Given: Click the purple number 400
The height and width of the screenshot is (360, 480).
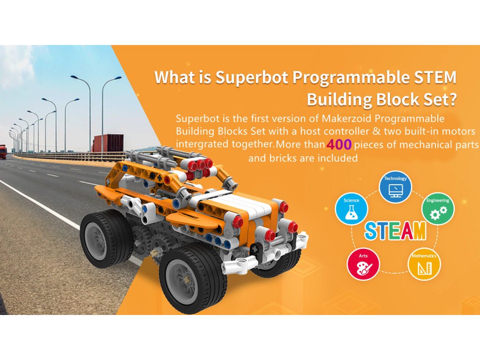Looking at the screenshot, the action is (339, 144).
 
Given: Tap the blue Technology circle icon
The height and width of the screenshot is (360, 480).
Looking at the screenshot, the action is (396, 187).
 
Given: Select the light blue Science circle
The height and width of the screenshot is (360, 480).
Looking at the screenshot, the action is (352, 209).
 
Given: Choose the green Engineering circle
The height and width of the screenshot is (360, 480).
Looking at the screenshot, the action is (438, 209).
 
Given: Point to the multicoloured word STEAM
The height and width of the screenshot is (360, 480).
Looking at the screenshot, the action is (395, 231).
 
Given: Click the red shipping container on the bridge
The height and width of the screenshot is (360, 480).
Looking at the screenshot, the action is (109, 143).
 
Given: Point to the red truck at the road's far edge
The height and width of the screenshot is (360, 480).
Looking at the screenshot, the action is (3, 152).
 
